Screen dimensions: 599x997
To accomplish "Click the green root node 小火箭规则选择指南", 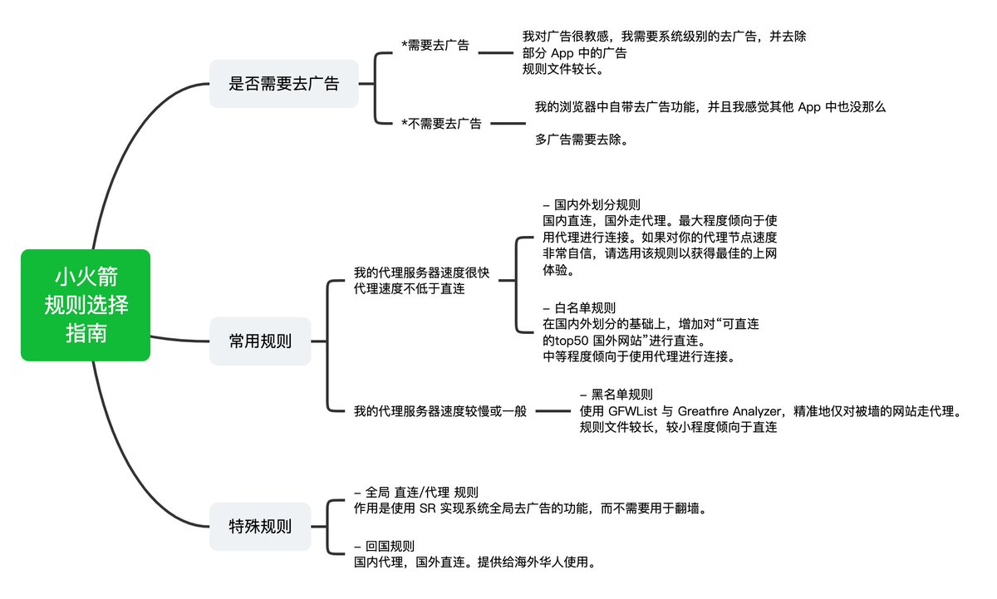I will click(86, 305).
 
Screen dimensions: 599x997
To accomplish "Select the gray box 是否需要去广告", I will click(283, 83).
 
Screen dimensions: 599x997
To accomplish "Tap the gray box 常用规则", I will click(260, 341).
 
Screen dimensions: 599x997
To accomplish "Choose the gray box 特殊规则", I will click(260, 526).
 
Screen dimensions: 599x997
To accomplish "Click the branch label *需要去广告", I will click(435, 46).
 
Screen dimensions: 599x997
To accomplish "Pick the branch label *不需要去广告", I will click(441, 124).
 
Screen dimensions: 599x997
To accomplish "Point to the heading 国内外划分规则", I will click(597, 204).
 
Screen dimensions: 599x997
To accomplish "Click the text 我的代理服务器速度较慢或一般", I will click(440, 411).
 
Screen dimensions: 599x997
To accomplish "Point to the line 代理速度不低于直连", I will click(409, 289).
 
